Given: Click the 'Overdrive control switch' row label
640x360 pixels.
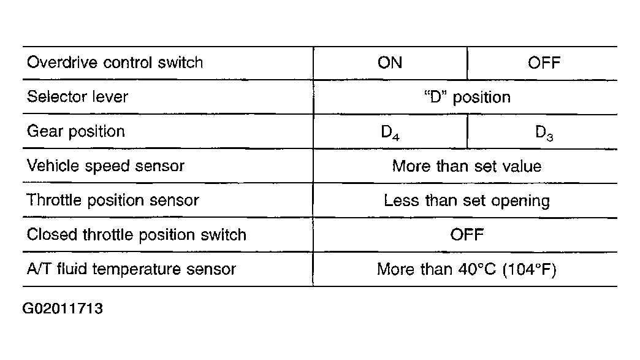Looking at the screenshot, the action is coord(115,63).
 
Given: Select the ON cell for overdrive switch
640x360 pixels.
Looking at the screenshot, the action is coord(390,63).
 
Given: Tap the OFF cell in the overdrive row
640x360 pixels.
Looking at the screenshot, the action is coord(544,63).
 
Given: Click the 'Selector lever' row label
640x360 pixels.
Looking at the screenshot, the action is coord(77,97).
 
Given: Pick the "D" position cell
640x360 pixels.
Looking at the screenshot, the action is coord(467,97).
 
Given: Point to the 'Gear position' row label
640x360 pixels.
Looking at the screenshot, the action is coord(75,131).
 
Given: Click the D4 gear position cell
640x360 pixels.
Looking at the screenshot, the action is coord(390,132).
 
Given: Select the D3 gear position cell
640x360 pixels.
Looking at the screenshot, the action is coord(544,132).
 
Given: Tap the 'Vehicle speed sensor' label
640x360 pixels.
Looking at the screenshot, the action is coord(105,166).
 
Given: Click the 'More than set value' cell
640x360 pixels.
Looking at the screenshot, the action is coord(467,166).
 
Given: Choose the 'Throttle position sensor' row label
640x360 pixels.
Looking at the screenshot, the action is coord(113,201).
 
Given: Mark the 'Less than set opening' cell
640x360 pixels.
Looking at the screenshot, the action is coord(467,201).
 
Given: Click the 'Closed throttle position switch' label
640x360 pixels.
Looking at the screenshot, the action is coord(136,235).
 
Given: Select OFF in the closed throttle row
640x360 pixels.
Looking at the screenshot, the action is coord(467,235).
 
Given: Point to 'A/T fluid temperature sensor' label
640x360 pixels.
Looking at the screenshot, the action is coord(131,269).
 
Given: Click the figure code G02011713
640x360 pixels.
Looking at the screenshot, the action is coord(63,308).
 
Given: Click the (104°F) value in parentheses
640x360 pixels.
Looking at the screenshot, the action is coord(530,270).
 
